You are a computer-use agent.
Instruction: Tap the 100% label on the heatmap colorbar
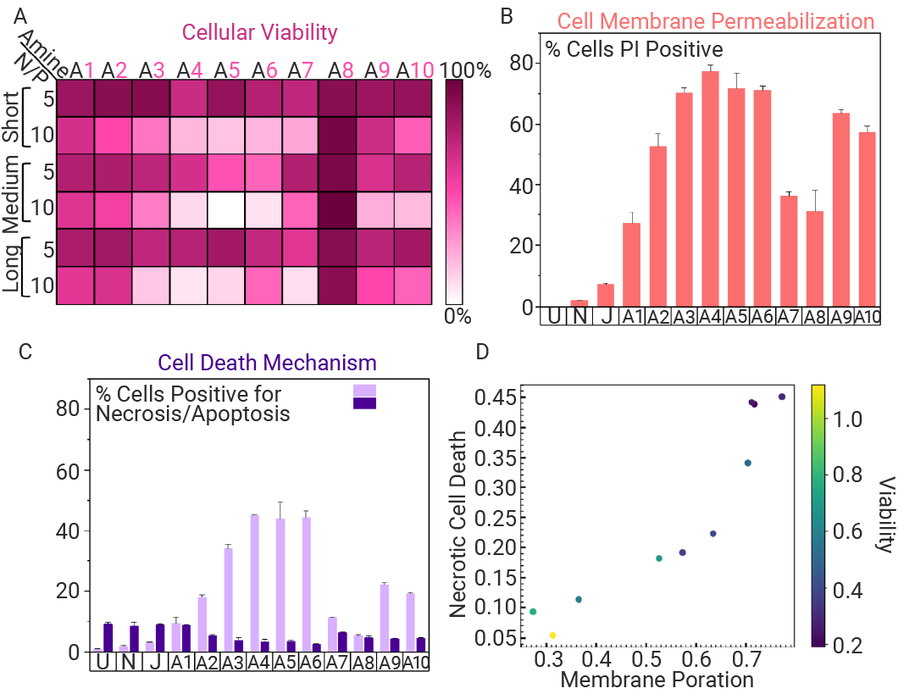coord(469,70)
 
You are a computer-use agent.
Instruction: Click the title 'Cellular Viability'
coord(259,32)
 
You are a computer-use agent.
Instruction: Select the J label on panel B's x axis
coord(605,317)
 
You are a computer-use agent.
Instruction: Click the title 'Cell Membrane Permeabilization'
coord(715,20)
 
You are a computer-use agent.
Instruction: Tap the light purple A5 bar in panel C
coord(280,585)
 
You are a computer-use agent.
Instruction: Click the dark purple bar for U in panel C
coord(108,637)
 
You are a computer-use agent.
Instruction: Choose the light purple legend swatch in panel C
coord(365,389)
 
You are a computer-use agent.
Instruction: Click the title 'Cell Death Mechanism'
coord(267,363)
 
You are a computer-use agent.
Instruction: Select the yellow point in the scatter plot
coord(552,635)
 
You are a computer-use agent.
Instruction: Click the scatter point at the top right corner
coord(782,397)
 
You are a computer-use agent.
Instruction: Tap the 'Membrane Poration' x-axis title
coord(657,680)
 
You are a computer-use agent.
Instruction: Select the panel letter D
coord(482,351)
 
